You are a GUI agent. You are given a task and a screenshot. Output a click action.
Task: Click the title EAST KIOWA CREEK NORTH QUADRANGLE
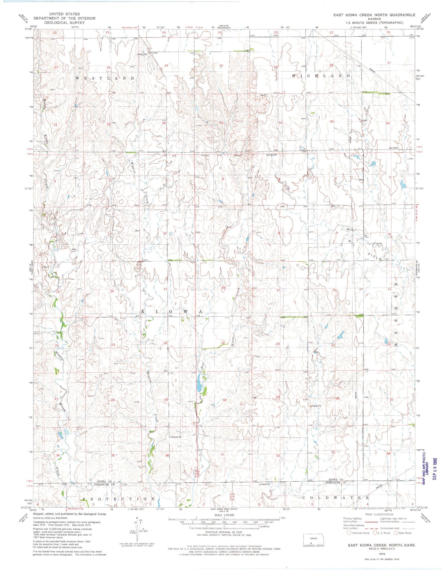click(x=374, y=15)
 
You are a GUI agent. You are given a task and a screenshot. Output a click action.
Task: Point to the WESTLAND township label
click(x=105, y=78)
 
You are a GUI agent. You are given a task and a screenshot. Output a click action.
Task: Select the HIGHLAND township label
click(x=321, y=75)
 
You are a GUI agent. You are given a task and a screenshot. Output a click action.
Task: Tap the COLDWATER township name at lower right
click(x=335, y=497)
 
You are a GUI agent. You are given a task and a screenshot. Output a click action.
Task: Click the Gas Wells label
click(x=393, y=148)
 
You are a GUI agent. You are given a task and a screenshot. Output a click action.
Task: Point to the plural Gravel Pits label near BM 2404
click(x=142, y=54)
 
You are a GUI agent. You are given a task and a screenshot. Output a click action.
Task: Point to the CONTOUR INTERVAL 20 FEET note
click(x=224, y=532)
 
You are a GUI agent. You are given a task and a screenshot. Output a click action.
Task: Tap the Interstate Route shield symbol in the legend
click(x=349, y=533)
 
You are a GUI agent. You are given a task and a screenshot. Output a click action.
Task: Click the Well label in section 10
click(x=74, y=249)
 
